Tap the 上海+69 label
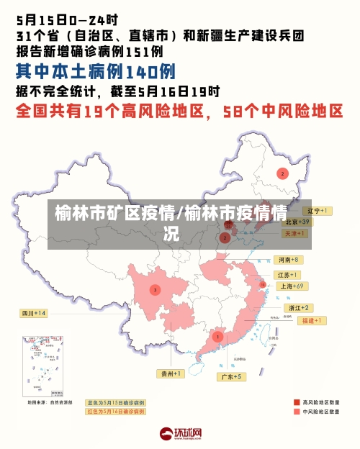[292, 286]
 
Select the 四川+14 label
[33, 313]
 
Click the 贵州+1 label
[171, 373]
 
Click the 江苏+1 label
[287, 275]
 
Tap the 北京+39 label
[296, 222]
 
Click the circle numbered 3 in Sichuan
[154, 289]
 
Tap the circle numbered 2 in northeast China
[283, 173]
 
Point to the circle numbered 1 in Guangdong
[217, 336]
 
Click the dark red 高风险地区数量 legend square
[297, 402]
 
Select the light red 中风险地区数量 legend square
[297, 412]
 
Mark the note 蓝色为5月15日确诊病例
[115, 402]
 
